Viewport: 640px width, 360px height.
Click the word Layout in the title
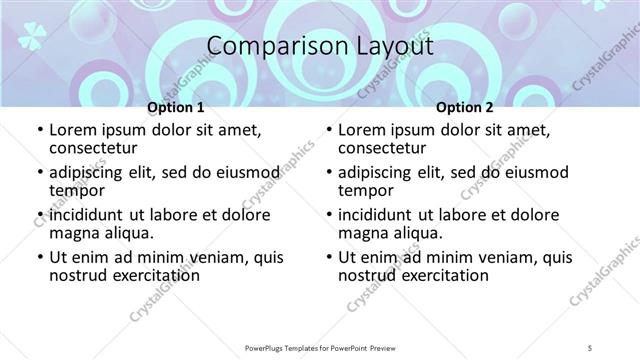coord(391,48)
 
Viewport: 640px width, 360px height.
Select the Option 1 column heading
coord(175,107)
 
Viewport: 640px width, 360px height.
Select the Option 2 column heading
coord(464,107)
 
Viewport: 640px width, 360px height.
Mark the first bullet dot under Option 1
coord(39,131)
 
